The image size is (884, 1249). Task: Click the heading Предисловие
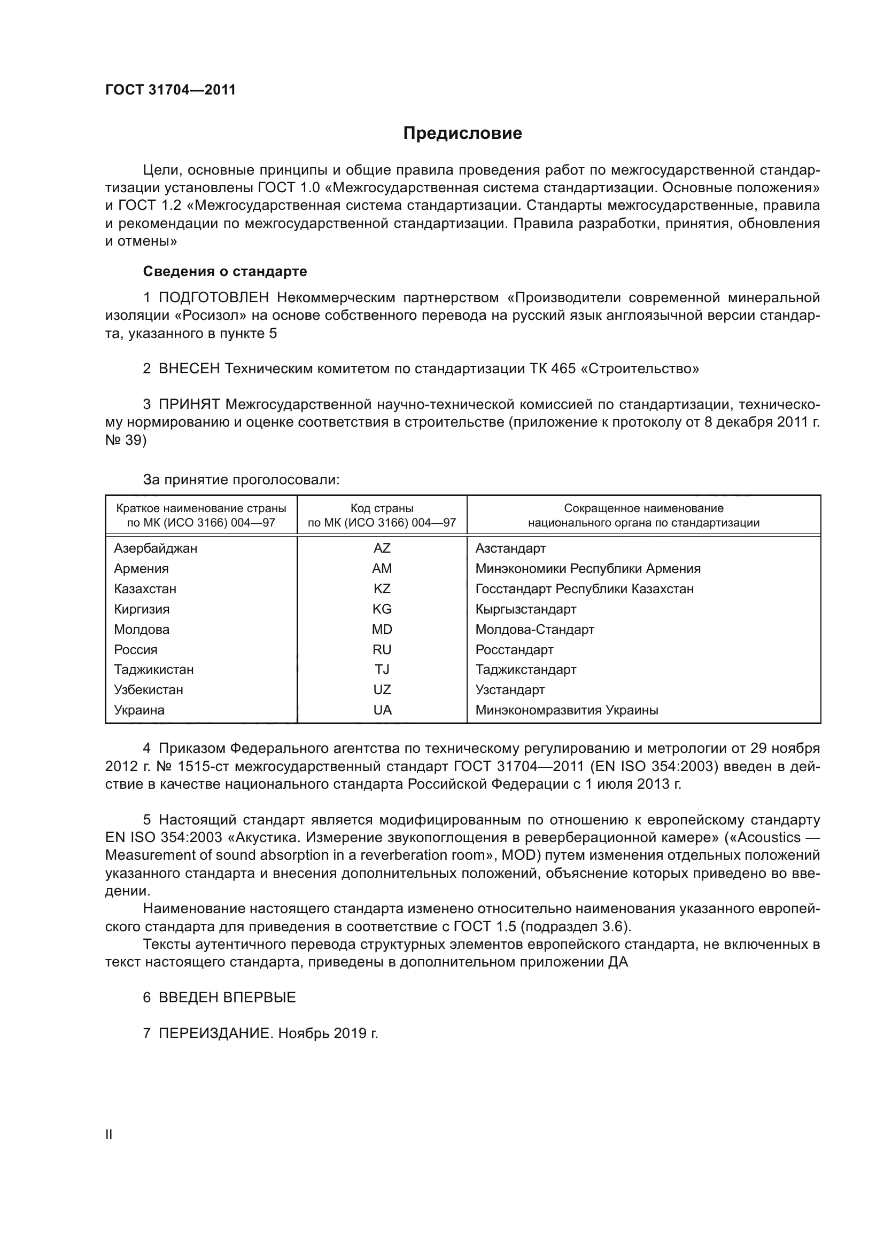(462, 133)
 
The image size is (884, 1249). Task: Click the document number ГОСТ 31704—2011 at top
(170, 90)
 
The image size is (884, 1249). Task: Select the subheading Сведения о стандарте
(225, 271)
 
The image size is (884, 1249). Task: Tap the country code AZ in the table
(382, 548)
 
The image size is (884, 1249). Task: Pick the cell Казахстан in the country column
(145, 588)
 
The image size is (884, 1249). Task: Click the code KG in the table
(382, 609)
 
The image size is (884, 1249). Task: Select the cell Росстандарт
(514, 649)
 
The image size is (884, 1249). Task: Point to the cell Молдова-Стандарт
(534, 630)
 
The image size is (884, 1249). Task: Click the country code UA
(382, 710)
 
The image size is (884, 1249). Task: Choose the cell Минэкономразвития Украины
(567, 710)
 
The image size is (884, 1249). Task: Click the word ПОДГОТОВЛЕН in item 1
(213, 297)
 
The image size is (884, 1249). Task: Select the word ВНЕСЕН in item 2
(189, 369)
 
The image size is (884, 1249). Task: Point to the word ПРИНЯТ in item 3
(189, 404)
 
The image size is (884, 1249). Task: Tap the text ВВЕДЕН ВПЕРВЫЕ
(227, 997)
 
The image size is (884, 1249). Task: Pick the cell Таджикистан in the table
(153, 670)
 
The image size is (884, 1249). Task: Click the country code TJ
(382, 670)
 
